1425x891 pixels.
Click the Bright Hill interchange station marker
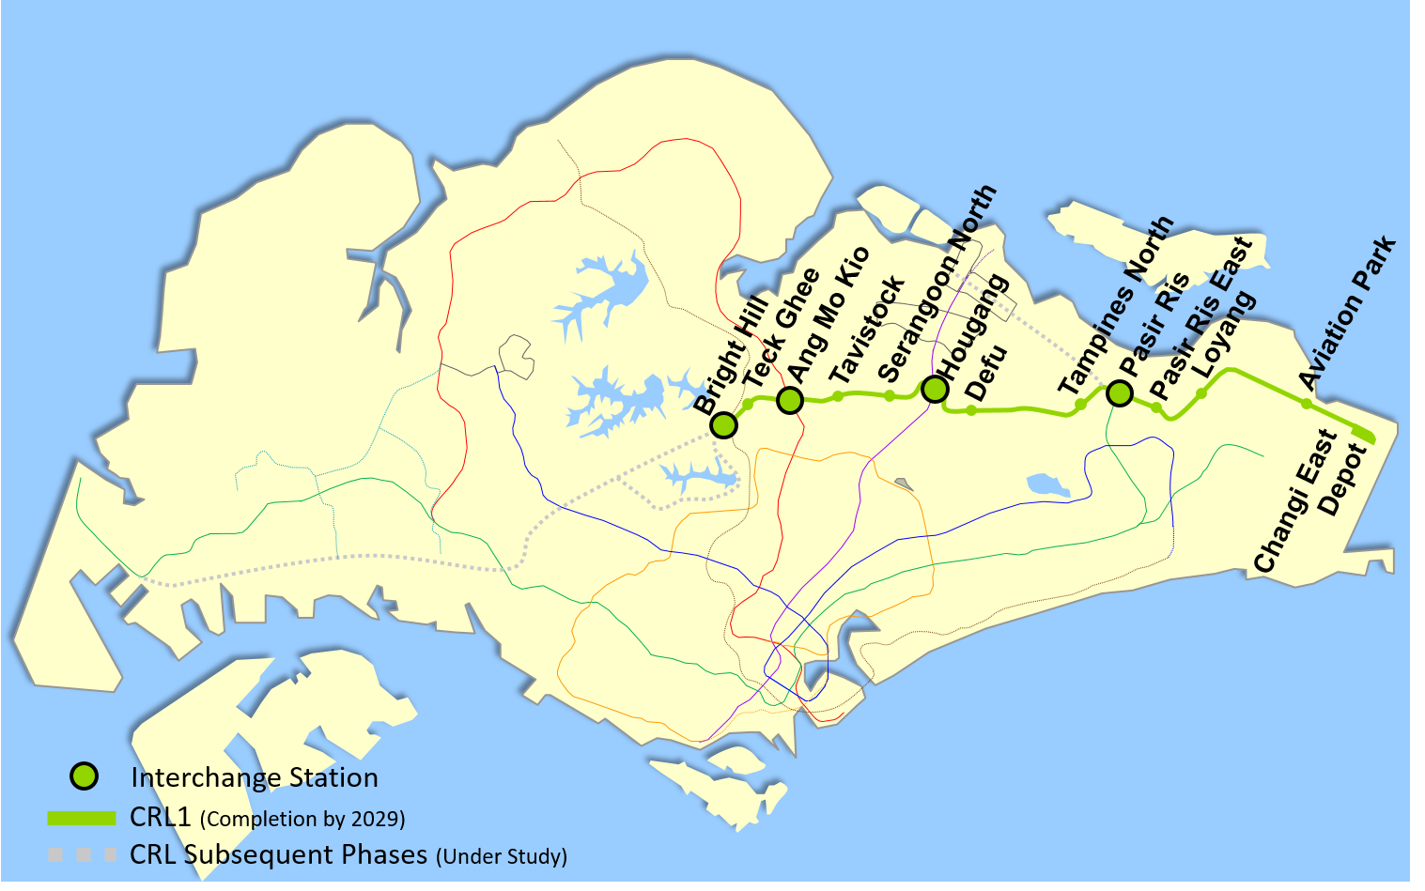[x=723, y=425]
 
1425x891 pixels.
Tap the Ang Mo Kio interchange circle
[x=790, y=401]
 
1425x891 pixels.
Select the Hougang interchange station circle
[x=934, y=389]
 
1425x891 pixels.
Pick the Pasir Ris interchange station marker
[x=1119, y=393]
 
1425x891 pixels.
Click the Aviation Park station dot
[x=1306, y=404]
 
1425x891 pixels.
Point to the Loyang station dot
[x=1201, y=392]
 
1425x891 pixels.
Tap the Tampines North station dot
[x=1080, y=405]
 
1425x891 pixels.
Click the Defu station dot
[x=971, y=410]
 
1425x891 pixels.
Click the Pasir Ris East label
[x=1202, y=317]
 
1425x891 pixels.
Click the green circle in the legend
[x=85, y=776]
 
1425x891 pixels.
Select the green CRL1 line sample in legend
[x=82, y=818]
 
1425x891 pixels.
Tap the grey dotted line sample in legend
[x=82, y=855]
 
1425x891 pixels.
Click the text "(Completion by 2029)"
[x=302, y=819]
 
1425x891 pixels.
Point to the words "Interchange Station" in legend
[x=255, y=777]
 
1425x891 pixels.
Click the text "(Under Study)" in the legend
[x=502, y=856]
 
